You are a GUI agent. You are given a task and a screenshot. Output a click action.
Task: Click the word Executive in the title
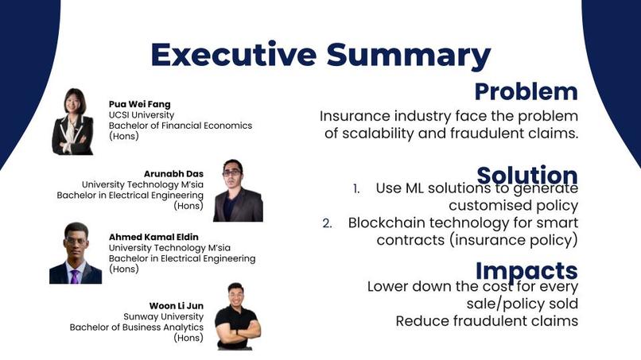(x=234, y=54)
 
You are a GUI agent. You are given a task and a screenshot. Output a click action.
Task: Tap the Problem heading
(x=526, y=92)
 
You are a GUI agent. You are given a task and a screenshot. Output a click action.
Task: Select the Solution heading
(x=527, y=176)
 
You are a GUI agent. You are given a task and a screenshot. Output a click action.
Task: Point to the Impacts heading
(x=526, y=271)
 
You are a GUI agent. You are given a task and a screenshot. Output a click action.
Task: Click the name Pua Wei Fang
(x=139, y=104)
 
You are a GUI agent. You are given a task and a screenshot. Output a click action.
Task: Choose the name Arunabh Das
(x=173, y=174)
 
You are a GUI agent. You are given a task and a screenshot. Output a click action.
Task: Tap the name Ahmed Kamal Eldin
(x=153, y=237)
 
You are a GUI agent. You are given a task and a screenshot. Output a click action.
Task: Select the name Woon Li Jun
(x=177, y=306)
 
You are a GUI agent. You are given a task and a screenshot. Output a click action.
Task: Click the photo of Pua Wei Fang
(x=72, y=122)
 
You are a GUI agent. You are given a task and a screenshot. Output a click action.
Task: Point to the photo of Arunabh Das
(x=238, y=191)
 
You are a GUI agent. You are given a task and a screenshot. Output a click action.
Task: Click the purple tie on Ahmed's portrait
(x=75, y=277)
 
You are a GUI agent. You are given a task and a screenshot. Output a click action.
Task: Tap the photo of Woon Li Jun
(x=238, y=316)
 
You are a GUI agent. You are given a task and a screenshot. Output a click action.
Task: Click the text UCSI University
(x=142, y=114)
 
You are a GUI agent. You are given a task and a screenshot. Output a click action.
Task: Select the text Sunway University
(x=164, y=316)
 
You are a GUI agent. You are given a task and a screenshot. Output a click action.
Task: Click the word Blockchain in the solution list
(x=387, y=223)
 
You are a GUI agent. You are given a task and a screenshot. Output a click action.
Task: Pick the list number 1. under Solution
(x=356, y=189)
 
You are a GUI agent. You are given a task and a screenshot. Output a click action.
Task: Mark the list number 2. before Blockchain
(x=327, y=223)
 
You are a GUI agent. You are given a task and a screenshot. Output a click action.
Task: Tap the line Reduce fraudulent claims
(x=487, y=321)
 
